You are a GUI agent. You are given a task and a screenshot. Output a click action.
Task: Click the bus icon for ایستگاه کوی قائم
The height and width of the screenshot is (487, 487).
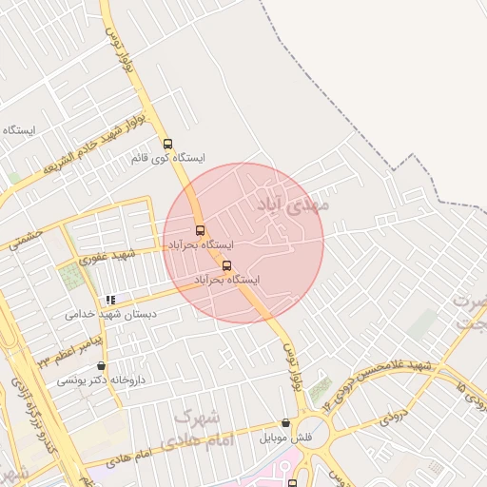[168, 145]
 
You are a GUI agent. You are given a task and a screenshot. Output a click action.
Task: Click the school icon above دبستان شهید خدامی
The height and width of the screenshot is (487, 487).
[111, 300]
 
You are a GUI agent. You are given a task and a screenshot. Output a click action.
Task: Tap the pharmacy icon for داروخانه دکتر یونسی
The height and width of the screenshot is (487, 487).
[102, 366]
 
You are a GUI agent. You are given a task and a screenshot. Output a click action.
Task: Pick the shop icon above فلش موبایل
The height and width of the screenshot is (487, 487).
[285, 423]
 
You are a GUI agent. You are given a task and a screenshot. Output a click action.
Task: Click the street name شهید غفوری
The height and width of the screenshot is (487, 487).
[109, 257]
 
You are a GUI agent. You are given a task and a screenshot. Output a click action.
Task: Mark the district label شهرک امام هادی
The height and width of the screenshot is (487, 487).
[200, 430]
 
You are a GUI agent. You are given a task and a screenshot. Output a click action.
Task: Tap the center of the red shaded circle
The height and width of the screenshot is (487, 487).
[243, 243]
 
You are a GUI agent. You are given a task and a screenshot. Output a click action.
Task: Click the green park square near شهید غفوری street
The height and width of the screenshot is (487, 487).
[71, 279]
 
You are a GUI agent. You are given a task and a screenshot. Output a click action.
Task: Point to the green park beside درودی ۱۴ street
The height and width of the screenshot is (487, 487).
[321, 389]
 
